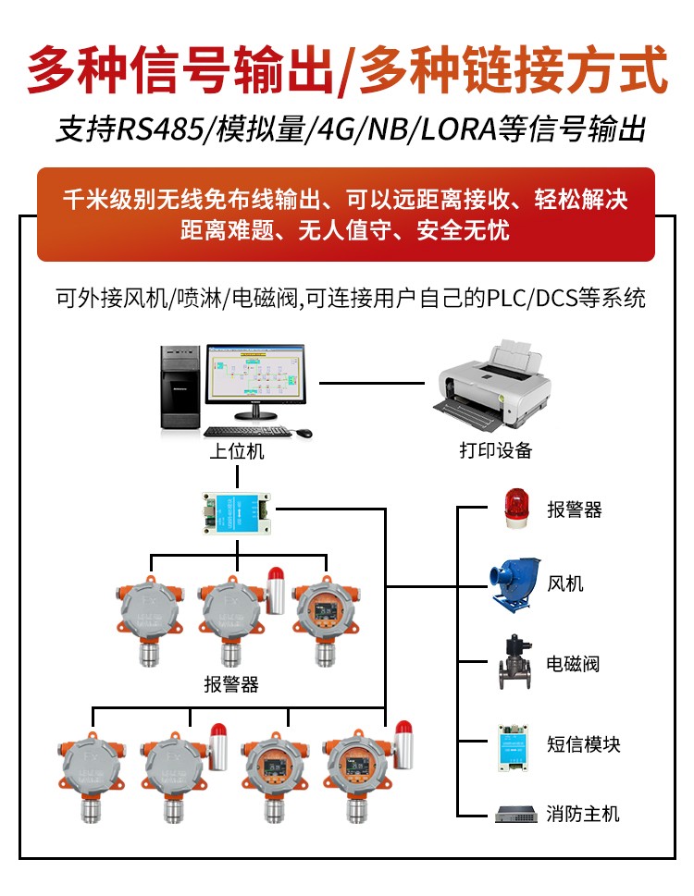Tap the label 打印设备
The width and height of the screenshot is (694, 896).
[x=496, y=451]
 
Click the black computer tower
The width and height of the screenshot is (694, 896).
[x=180, y=387]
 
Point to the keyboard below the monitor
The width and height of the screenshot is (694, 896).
[x=246, y=432]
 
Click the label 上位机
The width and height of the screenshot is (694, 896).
[x=236, y=451]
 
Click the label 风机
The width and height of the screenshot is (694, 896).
[x=565, y=584]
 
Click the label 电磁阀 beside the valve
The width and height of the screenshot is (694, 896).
[x=574, y=664]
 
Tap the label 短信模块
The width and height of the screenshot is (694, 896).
[x=583, y=744]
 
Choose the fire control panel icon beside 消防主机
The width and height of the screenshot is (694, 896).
[x=514, y=815]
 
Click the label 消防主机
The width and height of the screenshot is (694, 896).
[x=583, y=815]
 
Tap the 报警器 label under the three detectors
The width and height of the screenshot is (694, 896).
[x=231, y=685]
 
